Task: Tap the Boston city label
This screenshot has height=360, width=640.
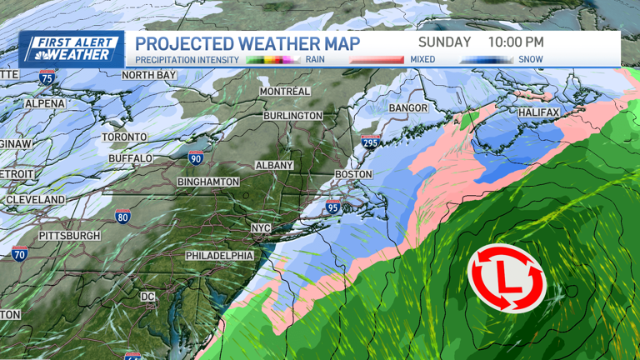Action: (352, 174)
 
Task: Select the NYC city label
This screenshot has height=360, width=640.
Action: (261, 228)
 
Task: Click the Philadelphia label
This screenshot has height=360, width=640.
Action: (219, 255)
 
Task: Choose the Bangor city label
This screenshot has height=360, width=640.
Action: (408, 108)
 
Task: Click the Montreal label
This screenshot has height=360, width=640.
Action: (285, 91)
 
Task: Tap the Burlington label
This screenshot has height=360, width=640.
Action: (292, 116)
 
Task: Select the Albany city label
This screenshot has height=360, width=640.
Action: (274, 166)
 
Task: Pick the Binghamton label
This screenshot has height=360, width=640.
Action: (208, 182)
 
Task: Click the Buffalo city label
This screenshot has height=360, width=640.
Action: (130, 158)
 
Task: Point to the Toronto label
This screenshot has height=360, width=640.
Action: (124, 137)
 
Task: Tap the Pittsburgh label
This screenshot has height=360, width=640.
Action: (69, 236)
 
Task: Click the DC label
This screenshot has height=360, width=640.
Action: (147, 297)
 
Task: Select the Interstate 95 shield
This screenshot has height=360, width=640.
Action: (332, 206)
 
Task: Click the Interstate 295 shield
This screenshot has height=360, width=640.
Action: (371, 142)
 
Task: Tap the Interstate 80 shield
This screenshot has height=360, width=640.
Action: (122, 217)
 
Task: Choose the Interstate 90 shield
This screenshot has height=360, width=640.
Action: (196, 157)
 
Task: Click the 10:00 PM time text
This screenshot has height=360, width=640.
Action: (516, 42)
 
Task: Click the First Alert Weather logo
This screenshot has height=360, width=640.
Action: (71, 49)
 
